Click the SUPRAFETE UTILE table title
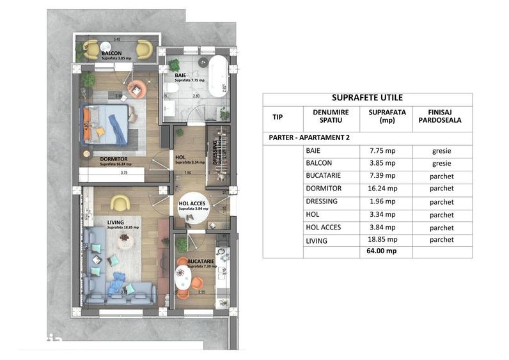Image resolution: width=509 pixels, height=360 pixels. pos(367,98)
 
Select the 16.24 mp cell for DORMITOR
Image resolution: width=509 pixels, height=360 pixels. pos(383,189)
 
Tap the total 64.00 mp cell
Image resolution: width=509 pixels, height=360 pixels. pos(383,251)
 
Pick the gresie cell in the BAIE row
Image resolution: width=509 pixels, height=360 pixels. pos(442,151)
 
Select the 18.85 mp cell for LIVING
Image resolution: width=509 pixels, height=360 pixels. pos(383,240)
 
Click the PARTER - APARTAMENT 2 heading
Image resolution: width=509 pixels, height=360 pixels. pos(306,137)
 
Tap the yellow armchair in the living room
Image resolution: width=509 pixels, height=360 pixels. pos(120,203)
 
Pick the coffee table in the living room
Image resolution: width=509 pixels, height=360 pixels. pos(123,240)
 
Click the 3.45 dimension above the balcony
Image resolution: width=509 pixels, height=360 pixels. pos(117,40)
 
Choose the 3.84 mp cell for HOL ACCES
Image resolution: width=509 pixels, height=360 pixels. pos(383,227)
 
